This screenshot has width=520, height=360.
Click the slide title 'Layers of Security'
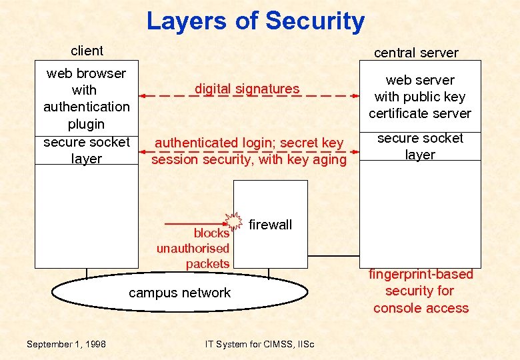tap(255, 21)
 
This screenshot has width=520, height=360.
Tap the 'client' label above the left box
tap(87, 51)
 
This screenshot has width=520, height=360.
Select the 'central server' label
tap(416, 53)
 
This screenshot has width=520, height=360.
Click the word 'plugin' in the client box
tap(86, 124)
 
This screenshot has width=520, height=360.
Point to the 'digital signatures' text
tap(247, 89)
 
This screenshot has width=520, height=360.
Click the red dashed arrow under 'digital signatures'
tap(247, 96)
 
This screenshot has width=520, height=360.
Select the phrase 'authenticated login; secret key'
tap(249, 143)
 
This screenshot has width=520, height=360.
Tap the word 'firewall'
tap(270, 225)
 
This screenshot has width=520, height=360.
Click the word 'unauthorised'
tap(193, 249)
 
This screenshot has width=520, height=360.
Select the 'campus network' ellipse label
tap(179, 293)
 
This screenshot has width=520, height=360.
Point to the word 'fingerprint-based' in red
tap(421, 274)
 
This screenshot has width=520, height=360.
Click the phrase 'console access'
tap(421, 308)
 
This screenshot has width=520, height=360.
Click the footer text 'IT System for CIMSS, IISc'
tap(260, 344)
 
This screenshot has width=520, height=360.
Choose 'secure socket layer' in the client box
tap(87, 150)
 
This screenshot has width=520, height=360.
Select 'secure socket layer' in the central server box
tap(420, 146)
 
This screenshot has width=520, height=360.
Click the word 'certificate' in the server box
tap(398, 113)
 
